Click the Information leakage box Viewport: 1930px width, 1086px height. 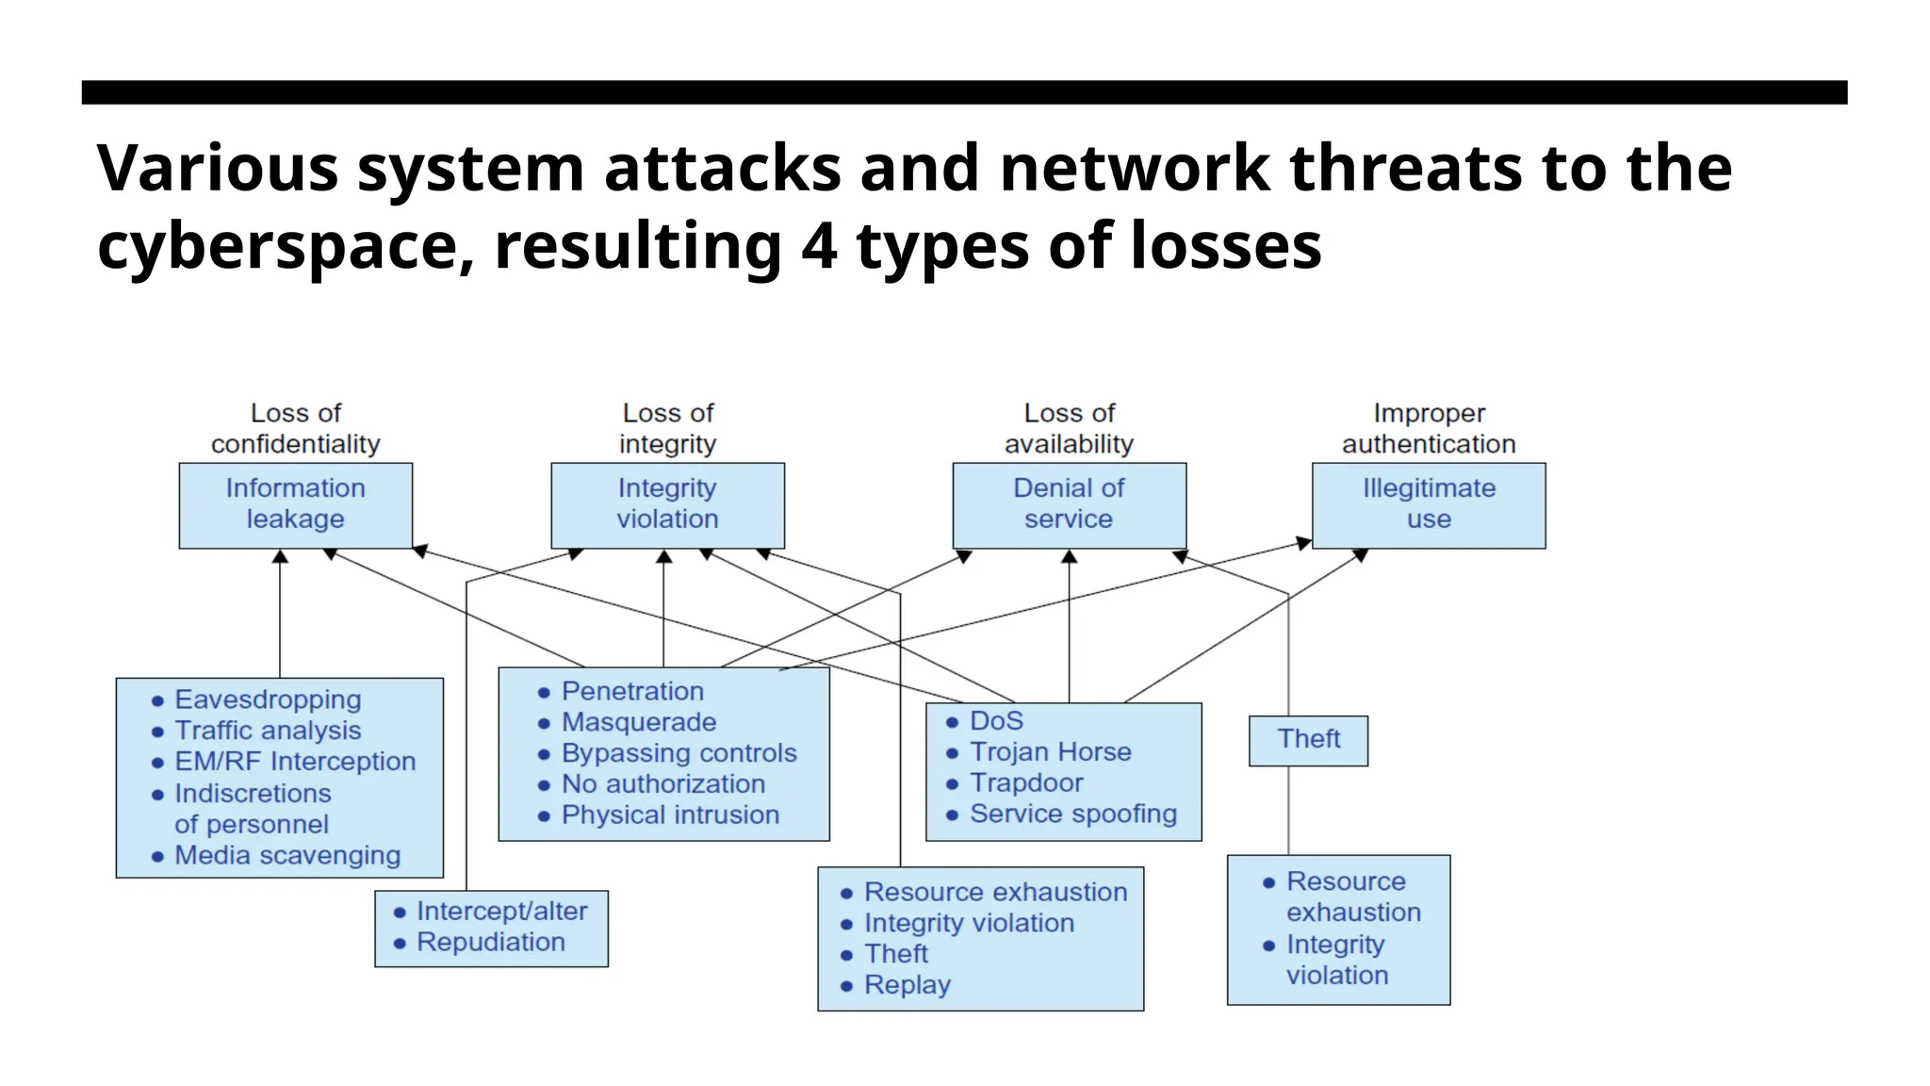295,504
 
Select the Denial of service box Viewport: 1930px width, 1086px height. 1069,504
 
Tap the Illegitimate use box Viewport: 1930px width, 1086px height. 1428,504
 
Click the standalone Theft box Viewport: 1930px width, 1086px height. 1308,740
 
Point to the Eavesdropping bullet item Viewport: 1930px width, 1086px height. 268,699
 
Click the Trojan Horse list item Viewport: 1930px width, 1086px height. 1050,752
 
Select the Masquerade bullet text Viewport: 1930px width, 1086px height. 638,723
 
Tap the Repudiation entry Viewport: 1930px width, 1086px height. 490,943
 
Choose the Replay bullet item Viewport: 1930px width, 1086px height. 907,985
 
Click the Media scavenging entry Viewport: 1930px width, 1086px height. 287,856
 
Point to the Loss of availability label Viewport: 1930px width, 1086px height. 1069,428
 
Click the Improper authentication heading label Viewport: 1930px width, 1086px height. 1428,428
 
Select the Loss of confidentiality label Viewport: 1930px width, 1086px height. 295,428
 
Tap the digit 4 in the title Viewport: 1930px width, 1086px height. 818,246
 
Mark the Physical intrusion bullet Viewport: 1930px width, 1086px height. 670,815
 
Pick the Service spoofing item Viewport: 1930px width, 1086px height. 1072,814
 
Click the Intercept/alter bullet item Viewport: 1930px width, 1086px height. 501,912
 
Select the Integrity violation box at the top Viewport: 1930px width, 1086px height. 667,504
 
